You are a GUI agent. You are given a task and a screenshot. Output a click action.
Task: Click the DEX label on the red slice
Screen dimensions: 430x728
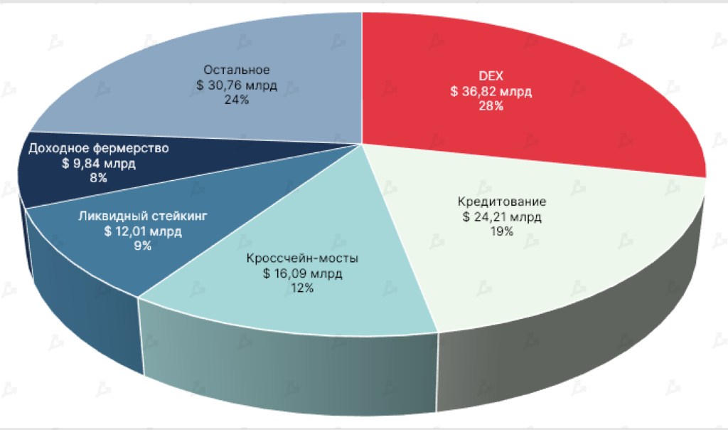tap(491, 75)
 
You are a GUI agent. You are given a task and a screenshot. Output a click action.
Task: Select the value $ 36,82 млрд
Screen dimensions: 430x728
tap(491, 91)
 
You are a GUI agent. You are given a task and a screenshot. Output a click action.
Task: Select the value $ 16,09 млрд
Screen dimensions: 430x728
tap(302, 273)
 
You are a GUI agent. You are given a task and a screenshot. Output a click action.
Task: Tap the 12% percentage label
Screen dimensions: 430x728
tap(302, 288)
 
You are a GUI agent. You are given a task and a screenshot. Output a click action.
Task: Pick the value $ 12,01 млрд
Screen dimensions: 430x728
tap(143, 231)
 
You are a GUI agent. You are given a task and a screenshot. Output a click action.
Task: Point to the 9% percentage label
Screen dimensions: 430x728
tap(143, 246)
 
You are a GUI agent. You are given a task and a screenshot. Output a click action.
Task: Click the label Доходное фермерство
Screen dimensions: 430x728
tap(98, 148)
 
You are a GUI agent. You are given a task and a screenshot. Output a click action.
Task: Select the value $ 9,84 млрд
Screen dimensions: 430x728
tap(98, 164)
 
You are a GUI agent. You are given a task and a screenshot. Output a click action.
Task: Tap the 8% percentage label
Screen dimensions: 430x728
tap(98, 179)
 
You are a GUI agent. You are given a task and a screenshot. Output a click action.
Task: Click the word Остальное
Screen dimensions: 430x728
tap(237, 70)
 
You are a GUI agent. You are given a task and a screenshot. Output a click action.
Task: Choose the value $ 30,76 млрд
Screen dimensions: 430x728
tap(237, 85)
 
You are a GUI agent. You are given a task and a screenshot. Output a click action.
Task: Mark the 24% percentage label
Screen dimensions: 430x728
tap(237, 100)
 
